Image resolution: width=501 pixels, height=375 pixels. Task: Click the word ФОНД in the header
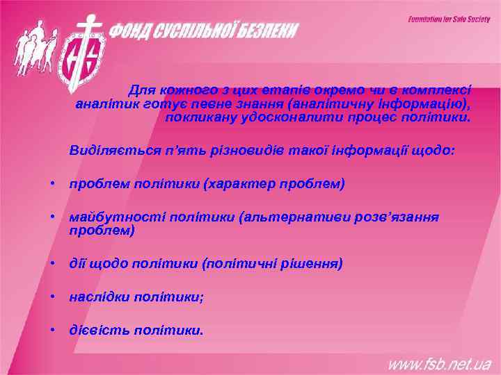(134, 31)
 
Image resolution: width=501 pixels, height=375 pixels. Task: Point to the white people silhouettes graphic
(31, 46)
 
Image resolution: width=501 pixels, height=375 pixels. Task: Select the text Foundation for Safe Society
(449, 19)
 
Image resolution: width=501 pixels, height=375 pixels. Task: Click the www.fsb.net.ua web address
(439, 364)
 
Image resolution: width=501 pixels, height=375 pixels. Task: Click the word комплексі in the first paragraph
(441, 90)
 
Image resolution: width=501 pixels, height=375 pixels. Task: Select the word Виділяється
(104, 150)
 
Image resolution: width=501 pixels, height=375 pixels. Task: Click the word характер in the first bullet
(240, 184)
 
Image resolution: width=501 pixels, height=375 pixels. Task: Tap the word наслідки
(98, 297)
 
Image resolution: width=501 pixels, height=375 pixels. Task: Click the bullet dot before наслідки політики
(53, 297)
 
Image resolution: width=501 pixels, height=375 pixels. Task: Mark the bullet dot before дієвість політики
(53, 330)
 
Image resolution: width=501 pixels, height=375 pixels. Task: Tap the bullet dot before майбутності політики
(53, 217)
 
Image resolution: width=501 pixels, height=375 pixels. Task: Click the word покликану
(195, 117)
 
